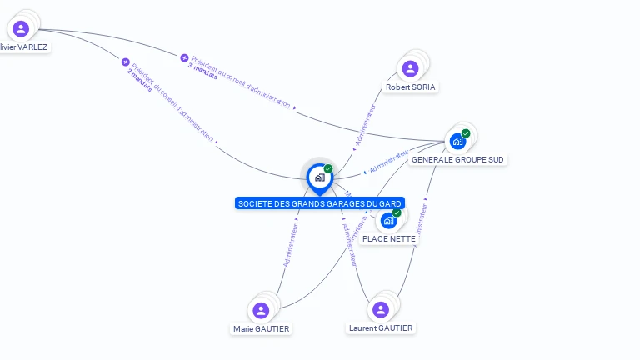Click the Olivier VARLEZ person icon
[21, 29]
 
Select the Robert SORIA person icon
[410, 69]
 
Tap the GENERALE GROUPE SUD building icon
[457, 141]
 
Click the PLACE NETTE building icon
[388, 221]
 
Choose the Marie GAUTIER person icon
[261, 311]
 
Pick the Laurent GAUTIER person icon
[381, 310]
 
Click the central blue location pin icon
[319, 177]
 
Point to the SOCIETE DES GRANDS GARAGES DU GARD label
[320, 203]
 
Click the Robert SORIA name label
[411, 87]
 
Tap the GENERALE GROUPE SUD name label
[457, 159]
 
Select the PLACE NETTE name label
[389, 239]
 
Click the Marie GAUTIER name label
[262, 329]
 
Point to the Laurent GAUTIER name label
[381, 328]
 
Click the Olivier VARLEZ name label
[24, 47]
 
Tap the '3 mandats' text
[202, 70]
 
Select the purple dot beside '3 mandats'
[184, 57]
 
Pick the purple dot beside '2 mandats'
[126, 62]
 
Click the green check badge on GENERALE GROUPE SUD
[466, 133]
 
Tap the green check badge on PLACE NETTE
[397, 213]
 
